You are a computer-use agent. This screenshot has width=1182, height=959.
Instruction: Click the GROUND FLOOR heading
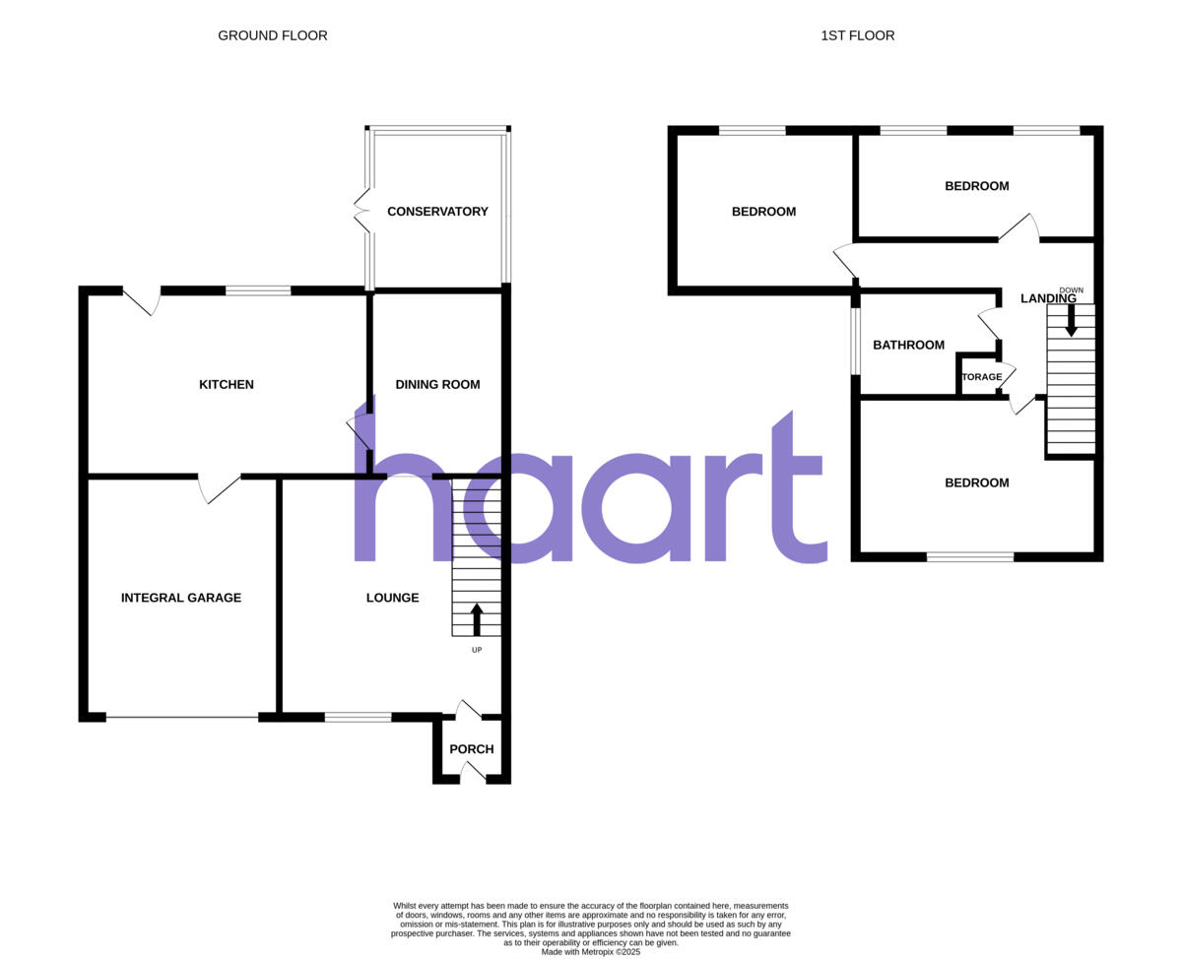click(x=273, y=35)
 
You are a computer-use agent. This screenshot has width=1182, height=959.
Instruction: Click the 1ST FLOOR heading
click(x=857, y=35)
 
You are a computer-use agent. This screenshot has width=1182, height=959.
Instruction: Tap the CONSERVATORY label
click(x=437, y=212)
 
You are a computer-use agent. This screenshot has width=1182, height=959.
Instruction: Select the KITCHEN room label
click(x=227, y=385)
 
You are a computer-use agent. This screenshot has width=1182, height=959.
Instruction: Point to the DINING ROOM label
click(x=437, y=385)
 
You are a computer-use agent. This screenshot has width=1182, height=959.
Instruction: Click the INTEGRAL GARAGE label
click(x=181, y=598)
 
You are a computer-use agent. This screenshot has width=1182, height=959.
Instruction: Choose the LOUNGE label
click(x=392, y=598)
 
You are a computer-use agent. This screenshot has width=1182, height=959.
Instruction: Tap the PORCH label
click(x=471, y=749)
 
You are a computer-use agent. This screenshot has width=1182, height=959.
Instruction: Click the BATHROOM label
click(x=908, y=346)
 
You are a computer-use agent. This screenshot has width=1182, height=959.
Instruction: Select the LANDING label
click(x=1048, y=299)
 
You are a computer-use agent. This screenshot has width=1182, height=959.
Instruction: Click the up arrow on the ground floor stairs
click(x=477, y=619)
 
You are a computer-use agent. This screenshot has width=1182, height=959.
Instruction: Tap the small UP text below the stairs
click(x=477, y=650)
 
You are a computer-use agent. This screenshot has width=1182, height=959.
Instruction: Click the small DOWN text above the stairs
click(x=1071, y=290)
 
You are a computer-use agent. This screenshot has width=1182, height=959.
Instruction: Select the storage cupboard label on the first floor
click(x=982, y=377)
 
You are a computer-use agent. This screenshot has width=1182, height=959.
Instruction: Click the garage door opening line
click(x=182, y=717)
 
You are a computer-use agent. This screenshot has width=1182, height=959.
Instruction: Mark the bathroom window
click(x=856, y=342)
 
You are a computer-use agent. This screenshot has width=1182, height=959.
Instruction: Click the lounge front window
click(x=358, y=717)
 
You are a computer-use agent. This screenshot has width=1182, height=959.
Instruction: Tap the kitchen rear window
click(x=258, y=290)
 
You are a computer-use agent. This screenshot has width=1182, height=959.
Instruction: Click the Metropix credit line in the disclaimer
click(x=591, y=952)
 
